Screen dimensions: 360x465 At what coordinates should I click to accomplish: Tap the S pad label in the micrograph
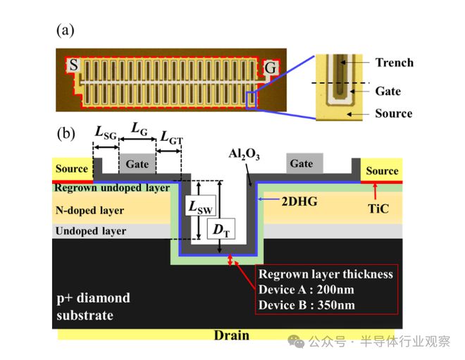point(73,66)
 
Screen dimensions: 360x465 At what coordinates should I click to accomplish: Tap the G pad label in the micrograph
point(270,67)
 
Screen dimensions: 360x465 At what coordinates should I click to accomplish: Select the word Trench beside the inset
point(395,62)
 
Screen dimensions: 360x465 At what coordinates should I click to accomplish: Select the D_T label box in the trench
point(221,229)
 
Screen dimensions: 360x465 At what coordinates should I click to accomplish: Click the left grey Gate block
point(137,164)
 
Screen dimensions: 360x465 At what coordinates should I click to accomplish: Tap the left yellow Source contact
point(72,169)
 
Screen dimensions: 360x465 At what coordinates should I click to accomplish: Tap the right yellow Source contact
point(381,171)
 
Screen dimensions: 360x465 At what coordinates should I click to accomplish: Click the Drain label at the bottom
point(231,335)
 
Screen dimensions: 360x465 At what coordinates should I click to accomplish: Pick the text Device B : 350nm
point(306,304)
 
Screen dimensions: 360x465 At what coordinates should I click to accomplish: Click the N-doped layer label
point(89,210)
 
